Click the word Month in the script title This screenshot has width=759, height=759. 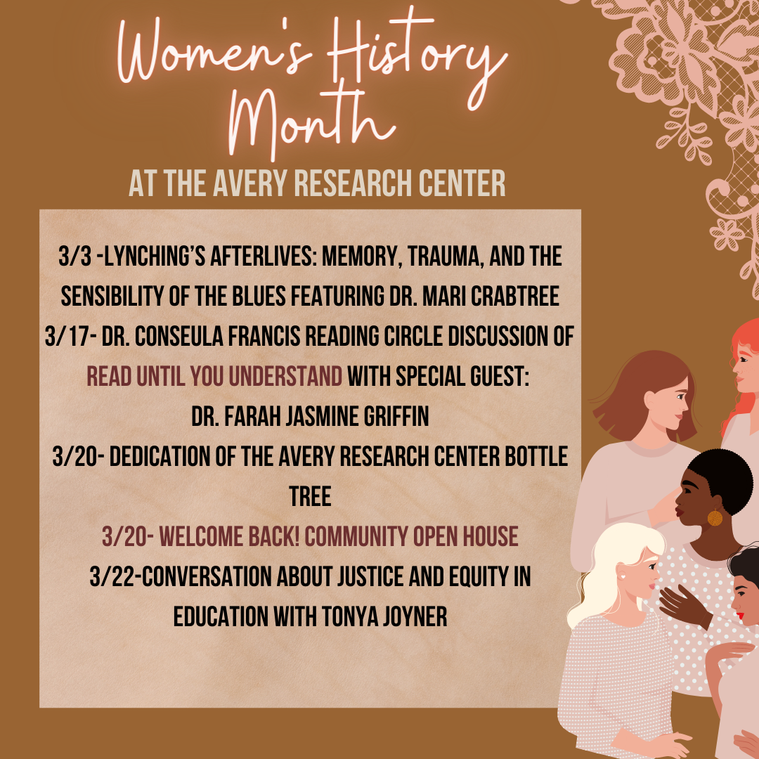click(x=310, y=120)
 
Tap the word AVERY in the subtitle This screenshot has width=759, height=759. click(x=250, y=183)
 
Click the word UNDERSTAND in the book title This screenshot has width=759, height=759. click(x=285, y=376)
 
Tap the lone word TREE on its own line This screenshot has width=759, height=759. click(x=311, y=496)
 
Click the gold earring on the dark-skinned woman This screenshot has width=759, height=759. click(x=715, y=517)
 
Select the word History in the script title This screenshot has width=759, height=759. click(x=416, y=53)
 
